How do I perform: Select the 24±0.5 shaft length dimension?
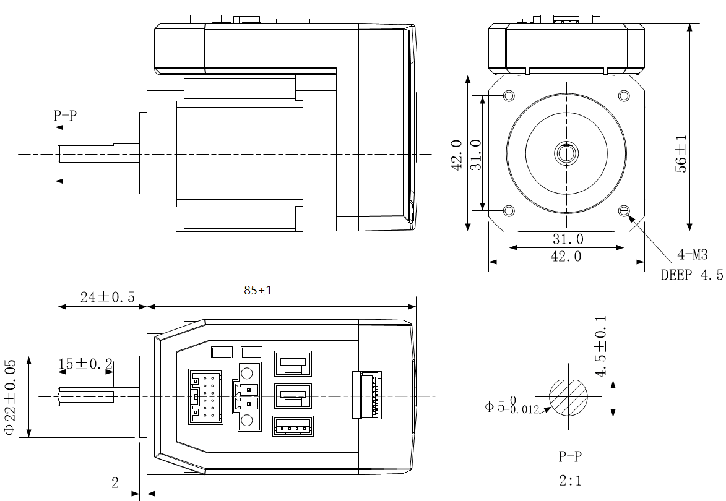(x=107, y=297)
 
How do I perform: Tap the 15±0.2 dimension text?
(x=85, y=364)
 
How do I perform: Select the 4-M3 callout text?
(x=692, y=254)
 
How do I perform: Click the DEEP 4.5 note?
(x=691, y=275)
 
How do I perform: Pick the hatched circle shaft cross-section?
(x=569, y=397)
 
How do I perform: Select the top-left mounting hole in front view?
(x=509, y=96)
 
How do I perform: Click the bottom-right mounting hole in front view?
(x=624, y=212)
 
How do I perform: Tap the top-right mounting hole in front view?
(x=624, y=96)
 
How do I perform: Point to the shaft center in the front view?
(x=566, y=153)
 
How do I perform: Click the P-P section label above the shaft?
(x=66, y=115)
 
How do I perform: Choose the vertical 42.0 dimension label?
(x=457, y=154)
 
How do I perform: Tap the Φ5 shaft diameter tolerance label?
(x=511, y=406)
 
